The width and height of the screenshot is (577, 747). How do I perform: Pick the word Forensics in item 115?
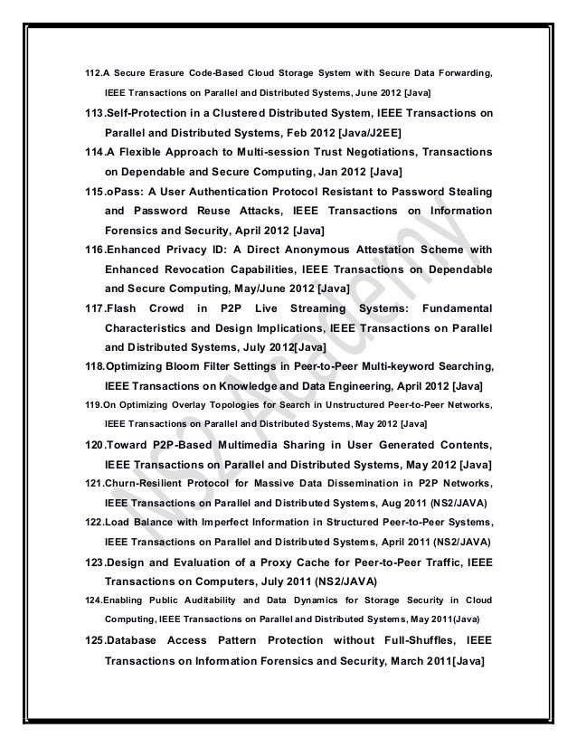136,231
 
